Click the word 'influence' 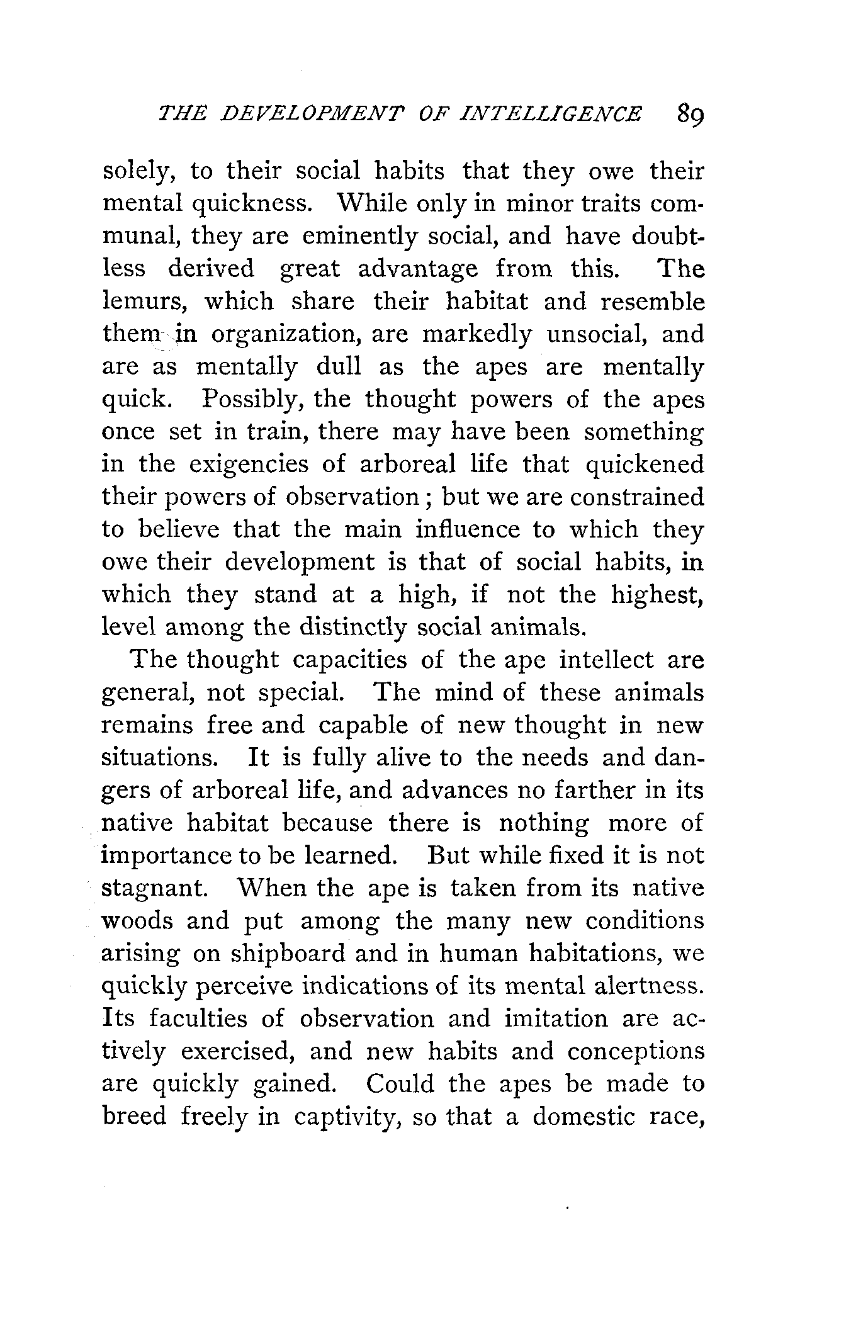[x=468, y=530]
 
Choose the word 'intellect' [x=606, y=660]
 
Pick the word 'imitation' [x=556, y=1019]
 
